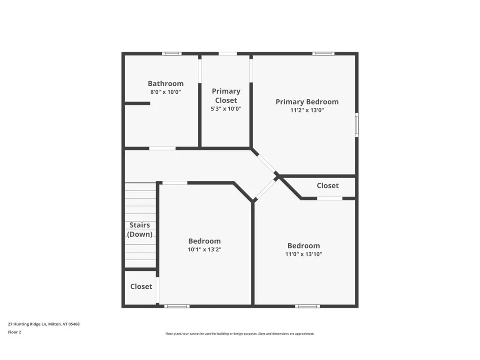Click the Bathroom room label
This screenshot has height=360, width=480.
point(165,84)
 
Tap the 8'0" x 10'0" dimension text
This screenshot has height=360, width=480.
point(165,92)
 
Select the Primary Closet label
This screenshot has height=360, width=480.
point(226,96)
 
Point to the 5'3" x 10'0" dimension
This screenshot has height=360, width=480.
point(226,109)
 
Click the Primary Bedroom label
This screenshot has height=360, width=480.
point(307,102)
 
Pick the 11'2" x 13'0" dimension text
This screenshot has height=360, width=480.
point(307,111)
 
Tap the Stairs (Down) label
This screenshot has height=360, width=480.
point(140,230)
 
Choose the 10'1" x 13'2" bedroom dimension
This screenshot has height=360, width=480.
point(204,250)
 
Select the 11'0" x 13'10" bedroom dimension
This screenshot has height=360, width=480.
point(304,254)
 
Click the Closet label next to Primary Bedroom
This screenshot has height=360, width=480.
point(327,186)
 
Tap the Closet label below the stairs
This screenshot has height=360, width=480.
point(141,286)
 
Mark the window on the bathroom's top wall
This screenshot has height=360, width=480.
point(172,53)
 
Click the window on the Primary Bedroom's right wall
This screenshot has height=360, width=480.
point(356,125)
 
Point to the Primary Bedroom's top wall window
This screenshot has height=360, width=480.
point(323,53)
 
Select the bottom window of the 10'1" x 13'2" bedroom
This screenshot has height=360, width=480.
point(177,306)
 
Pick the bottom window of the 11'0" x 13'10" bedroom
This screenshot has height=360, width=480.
point(308,306)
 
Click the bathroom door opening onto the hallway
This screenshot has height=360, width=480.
point(162,149)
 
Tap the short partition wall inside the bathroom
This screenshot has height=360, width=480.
point(137,103)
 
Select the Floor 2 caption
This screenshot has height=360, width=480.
point(15,332)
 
